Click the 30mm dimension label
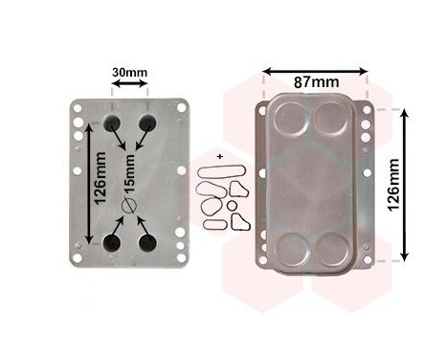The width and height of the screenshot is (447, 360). (129, 73)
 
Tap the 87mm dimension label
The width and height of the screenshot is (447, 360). (316, 82)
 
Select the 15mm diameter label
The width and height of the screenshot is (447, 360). (130, 173)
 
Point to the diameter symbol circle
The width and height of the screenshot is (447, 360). (128, 206)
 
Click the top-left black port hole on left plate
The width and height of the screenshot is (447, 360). (111, 123)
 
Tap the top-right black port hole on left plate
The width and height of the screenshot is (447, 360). (147, 123)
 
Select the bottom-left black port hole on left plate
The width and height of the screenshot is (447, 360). (111, 243)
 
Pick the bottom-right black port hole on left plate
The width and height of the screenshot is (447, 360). (147, 243)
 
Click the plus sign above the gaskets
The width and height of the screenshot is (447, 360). (219, 157)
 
